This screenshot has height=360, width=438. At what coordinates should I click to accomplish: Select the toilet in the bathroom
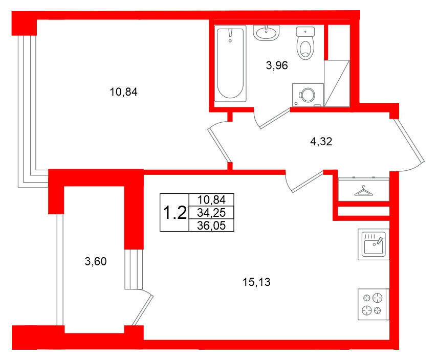(306, 44)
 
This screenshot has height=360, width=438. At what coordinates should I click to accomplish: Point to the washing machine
(308, 95)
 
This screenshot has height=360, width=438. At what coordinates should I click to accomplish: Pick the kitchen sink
(373, 244)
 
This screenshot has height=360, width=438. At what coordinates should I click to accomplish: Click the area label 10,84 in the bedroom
(124, 93)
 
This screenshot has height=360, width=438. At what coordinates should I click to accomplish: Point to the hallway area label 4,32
(321, 142)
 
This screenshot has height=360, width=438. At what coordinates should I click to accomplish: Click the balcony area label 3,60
(95, 262)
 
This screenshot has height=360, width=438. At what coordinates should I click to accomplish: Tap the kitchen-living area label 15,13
(256, 281)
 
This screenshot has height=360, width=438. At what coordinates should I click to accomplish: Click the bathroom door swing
(269, 120)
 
